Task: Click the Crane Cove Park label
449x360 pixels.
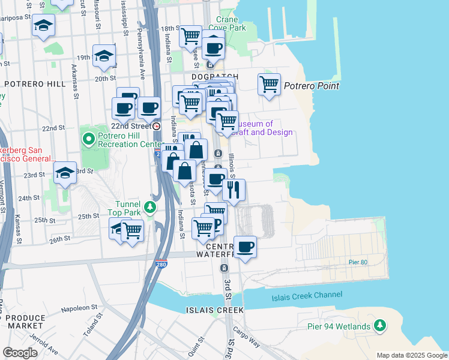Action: [x=231, y=23]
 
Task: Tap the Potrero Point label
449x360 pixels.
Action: [x=312, y=86]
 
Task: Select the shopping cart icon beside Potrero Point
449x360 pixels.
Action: [x=269, y=83]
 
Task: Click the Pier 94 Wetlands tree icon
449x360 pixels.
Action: [x=379, y=325]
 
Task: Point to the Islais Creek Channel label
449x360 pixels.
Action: [x=307, y=295]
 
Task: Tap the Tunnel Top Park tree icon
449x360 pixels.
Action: [x=150, y=208]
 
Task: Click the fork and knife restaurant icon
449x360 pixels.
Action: [x=234, y=189]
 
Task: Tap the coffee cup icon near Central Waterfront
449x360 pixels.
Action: [x=244, y=246]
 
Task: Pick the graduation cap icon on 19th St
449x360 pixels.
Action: [x=104, y=56]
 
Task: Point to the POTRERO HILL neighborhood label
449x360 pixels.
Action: [x=34, y=84]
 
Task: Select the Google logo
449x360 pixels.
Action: [x=20, y=352]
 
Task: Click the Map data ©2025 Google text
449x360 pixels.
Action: [x=411, y=355]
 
